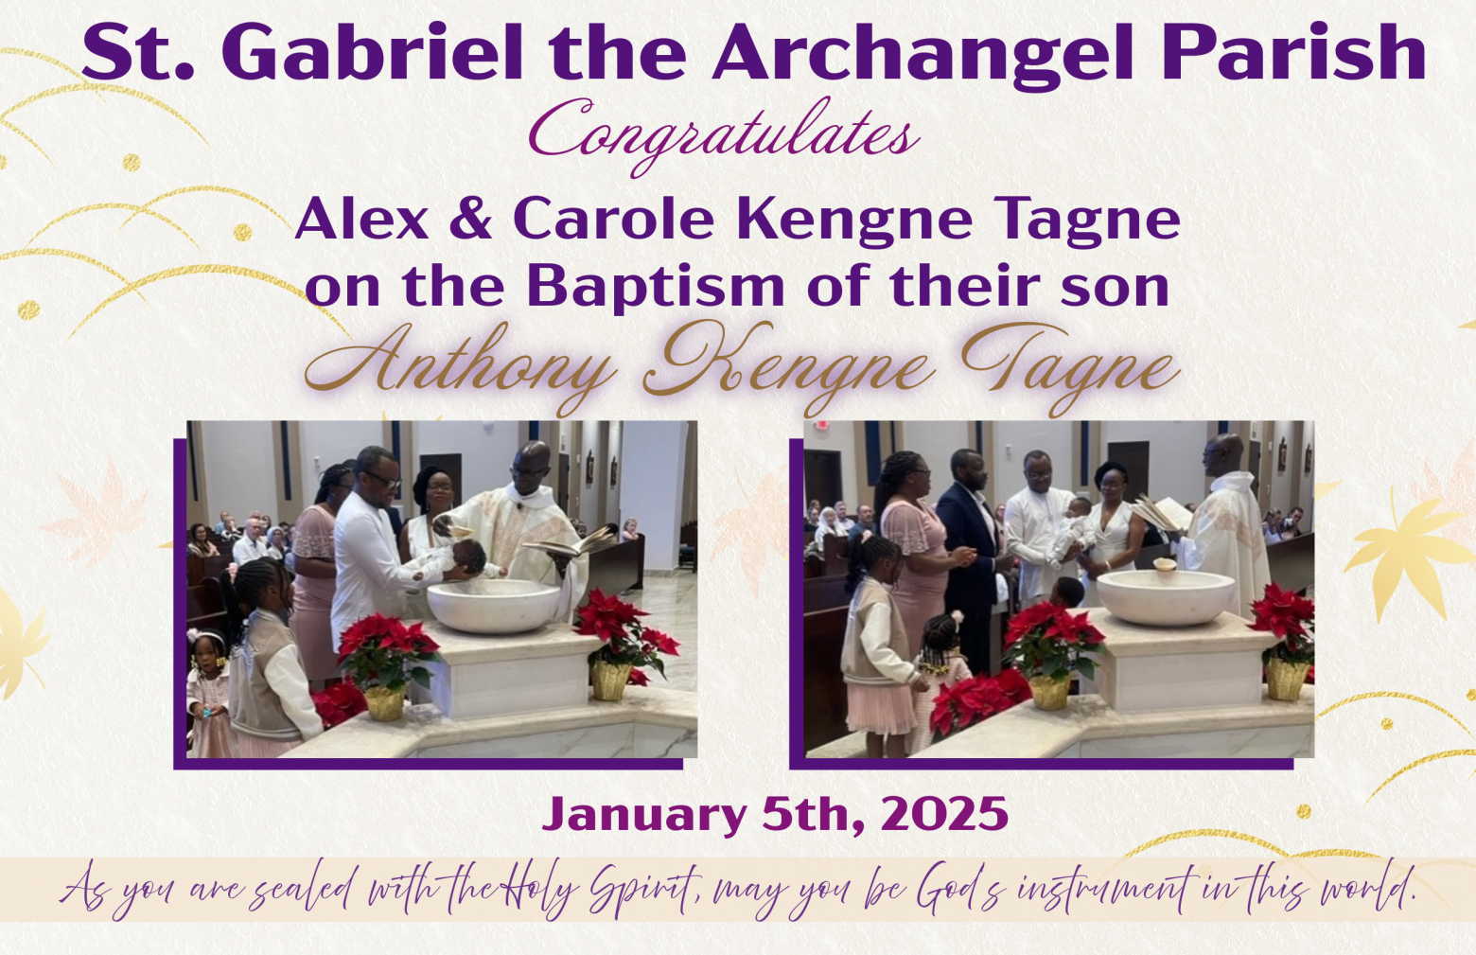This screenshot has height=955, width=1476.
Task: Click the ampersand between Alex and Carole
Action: pos(470,220)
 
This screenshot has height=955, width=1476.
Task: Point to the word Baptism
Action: pos(656,286)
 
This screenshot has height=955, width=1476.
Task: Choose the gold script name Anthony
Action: pos(460,369)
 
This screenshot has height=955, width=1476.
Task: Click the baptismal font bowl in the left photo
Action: pos(494,605)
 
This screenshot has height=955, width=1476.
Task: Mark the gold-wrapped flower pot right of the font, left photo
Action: pos(611,680)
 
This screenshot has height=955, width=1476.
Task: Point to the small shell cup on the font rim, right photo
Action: pos(1165,565)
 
